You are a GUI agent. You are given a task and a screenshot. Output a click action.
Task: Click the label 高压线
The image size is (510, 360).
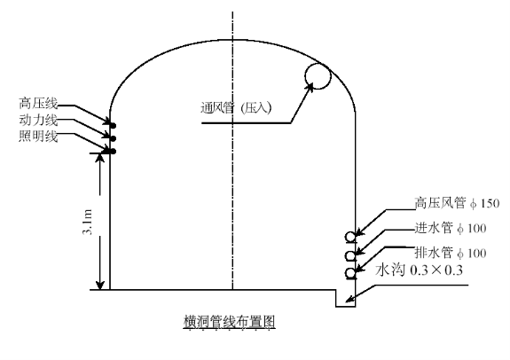pyautogui.click(x=38, y=104)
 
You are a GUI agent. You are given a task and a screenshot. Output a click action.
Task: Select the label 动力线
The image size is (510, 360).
pyautogui.click(x=38, y=120)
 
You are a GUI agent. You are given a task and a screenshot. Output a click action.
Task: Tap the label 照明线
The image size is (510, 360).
pyautogui.click(x=38, y=137)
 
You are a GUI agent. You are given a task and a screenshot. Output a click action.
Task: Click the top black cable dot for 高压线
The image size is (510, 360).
pyautogui.click(x=114, y=126)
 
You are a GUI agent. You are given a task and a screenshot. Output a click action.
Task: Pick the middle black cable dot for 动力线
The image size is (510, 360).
pyautogui.click(x=114, y=139)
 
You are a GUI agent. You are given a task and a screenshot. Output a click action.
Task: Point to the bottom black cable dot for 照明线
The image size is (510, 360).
pyautogui.click(x=114, y=152)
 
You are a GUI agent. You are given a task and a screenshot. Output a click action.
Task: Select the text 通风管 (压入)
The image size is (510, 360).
pyautogui.click(x=236, y=107)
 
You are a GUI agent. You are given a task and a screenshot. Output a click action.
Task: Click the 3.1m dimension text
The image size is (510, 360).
pyautogui.click(x=88, y=222)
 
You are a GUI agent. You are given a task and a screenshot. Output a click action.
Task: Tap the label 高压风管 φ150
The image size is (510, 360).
pyautogui.click(x=457, y=203)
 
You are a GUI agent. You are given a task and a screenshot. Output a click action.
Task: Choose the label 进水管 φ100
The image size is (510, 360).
pyautogui.click(x=451, y=228)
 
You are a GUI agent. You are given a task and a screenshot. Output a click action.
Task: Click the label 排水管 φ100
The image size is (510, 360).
pyautogui.click(x=451, y=253)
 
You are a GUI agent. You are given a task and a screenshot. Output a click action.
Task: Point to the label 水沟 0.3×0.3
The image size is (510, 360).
pyautogui.click(x=419, y=270)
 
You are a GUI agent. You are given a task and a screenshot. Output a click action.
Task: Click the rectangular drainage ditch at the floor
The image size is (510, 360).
pyautogui.click(x=345, y=306)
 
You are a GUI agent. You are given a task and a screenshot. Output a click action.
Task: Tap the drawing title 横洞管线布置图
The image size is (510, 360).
pyautogui.click(x=230, y=322)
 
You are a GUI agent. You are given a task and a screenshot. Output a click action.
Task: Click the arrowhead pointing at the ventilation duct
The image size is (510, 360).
pyautogui.click(x=310, y=87)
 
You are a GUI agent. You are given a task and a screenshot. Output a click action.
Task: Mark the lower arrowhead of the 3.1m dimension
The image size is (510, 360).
pyautogui.click(x=100, y=285)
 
